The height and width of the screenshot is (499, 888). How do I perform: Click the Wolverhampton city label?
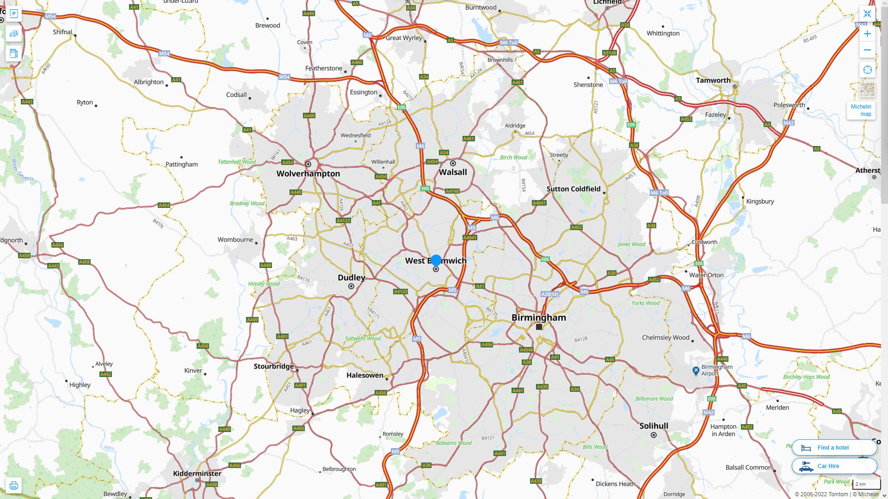[x=308, y=174]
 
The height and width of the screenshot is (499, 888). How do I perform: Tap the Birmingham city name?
[x=538, y=317]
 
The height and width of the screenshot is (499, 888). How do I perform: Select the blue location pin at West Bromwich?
[x=436, y=260]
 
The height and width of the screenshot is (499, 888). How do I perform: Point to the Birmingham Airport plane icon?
[x=696, y=371]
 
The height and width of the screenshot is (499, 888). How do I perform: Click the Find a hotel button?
[x=834, y=447]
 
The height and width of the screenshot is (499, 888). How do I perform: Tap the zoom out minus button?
[x=867, y=50]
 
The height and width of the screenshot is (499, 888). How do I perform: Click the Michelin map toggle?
[x=861, y=110]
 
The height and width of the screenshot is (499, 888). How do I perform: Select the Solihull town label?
[x=654, y=426]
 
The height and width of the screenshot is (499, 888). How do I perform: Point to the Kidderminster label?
[x=197, y=474]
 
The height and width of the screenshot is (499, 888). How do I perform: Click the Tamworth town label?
[x=713, y=80]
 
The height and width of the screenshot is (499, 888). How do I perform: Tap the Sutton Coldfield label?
[x=573, y=189]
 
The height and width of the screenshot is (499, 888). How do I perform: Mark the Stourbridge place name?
[x=274, y=366]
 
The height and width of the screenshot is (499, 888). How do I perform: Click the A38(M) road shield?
[x=550, y=294]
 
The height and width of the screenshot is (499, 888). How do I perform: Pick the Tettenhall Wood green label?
[x=237, y=162]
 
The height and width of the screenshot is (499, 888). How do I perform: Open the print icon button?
[x=13, y=486]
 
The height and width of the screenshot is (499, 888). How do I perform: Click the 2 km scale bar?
[x=866, y=484]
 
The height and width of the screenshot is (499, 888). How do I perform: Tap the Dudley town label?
[x=351, y=278]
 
